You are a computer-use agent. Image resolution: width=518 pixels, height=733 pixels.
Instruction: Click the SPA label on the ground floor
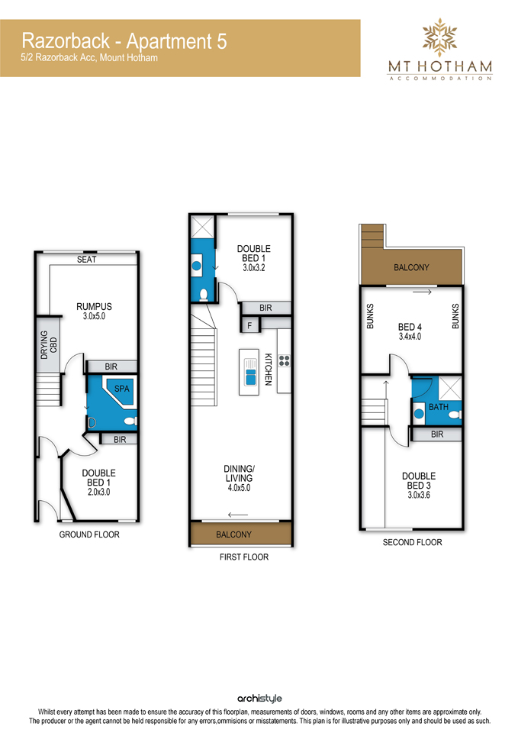point(121,389)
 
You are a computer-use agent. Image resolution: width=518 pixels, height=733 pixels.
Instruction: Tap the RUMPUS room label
point(94,307)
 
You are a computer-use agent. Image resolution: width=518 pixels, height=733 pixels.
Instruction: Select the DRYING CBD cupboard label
point(49,344)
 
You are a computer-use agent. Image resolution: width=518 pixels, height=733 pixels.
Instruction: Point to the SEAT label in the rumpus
point(87,260)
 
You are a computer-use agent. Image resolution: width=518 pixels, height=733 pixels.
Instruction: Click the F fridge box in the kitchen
point(250,325)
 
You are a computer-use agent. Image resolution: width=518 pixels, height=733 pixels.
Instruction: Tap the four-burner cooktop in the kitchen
point(284,360)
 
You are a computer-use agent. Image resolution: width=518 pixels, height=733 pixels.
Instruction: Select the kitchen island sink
point(250,373)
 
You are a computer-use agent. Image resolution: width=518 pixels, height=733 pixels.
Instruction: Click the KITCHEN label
point(268,370)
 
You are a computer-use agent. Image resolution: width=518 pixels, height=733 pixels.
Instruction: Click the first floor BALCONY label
point(233,534)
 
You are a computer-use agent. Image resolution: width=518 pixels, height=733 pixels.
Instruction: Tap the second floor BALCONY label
point(411,267)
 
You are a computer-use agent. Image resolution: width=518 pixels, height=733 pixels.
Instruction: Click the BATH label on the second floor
point(438,407)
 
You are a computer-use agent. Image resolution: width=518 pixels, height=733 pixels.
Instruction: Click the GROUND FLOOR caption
point(89,534)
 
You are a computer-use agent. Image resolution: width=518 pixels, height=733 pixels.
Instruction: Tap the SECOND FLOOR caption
point(412,542)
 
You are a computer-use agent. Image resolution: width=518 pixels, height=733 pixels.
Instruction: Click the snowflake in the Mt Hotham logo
point(439,37)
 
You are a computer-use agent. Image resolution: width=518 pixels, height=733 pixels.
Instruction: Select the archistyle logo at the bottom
point(259,699)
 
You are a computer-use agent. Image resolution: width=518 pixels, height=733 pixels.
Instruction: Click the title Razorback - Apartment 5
point(124,41)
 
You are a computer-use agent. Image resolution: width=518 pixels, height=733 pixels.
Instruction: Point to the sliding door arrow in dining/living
point(238,515)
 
